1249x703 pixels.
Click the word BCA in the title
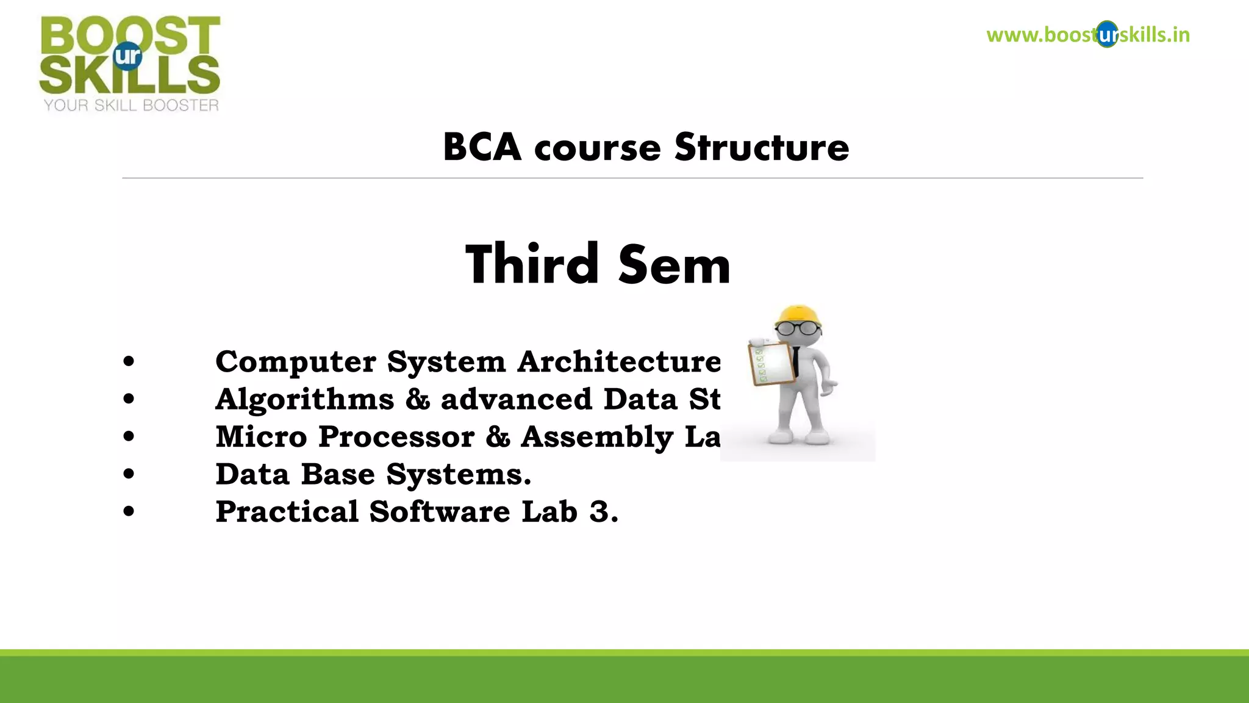coord(482,148)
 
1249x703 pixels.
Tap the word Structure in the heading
coord(762,148)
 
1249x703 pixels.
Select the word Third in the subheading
coord(532,264)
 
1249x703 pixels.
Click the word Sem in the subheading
coord(674,265)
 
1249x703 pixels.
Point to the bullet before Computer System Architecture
coord(128,361)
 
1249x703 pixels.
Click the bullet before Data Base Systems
coord(128,474)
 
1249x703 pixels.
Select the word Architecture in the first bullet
coord(619,361)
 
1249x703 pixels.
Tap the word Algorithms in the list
coord(305,399)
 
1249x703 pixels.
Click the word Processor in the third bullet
coord(396,437)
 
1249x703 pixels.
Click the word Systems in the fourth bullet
coord(459,475)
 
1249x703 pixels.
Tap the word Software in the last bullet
coord(439,511)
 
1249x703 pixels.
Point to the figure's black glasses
coord(798,328)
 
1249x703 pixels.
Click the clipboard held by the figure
coord(771,364)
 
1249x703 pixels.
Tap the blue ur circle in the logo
coord(128,56)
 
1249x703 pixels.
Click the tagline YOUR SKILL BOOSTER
coord(131,106)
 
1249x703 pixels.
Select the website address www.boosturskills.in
coord(1087,35)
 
